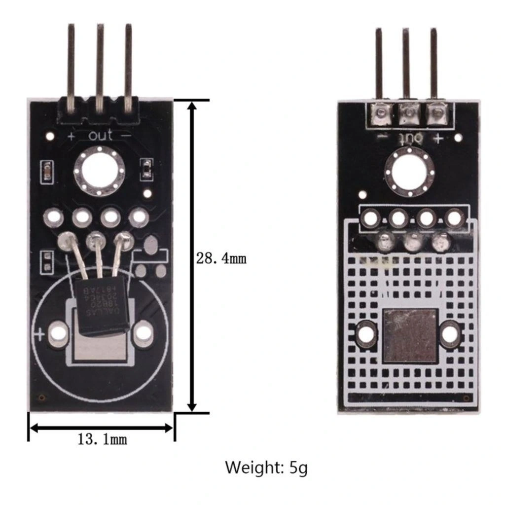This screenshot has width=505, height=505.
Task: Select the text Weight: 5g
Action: (x=266, y=467)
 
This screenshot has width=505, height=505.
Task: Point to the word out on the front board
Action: (x=101, y=135)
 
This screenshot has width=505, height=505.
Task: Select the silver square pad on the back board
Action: (x=410, y=335)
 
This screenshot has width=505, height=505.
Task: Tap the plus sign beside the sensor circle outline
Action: (x=39, y=335)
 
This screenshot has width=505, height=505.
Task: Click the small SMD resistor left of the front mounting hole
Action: (x=47, y=171)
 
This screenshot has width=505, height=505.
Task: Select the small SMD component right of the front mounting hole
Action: (x=146, y=169)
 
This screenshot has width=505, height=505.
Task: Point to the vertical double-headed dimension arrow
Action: (x=192, y=256)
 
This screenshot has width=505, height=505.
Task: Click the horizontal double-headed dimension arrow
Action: (x=102, y=428)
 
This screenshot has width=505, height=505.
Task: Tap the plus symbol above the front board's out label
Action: (x=71, y=135)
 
